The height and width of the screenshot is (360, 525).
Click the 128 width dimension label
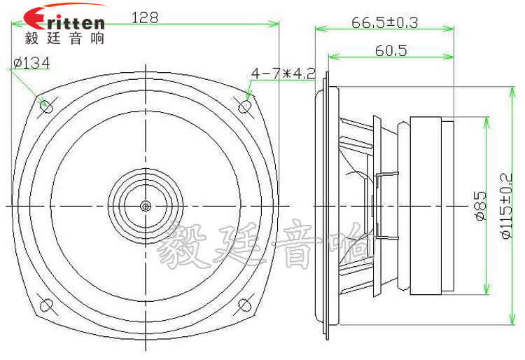pyautogui.click(x=145, y=18)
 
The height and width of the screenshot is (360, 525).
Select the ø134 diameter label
pyautogui.click(x=31, y=64)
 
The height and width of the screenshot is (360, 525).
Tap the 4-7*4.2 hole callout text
pyautogui.click(x=283, y=73)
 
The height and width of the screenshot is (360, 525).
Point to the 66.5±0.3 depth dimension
pyautogui.click(x=384, y=22)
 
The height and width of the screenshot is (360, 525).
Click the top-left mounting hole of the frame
pyautogui.click(x=47, y=106)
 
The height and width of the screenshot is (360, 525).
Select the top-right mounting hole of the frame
pyautogui.click(x=246, y=105)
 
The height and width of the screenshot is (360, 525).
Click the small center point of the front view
pyautogui.click(x=146, y=206)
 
